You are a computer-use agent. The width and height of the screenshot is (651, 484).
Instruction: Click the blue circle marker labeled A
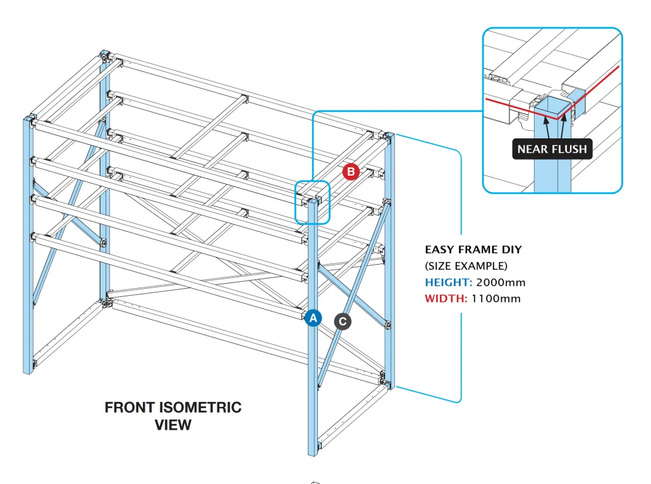point(313,318)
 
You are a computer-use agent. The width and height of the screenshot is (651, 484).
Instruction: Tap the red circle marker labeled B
point(351,171)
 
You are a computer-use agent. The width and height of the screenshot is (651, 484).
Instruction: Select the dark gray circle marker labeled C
point(343,322)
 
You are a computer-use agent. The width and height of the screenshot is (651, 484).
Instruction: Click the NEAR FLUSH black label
point(552,150)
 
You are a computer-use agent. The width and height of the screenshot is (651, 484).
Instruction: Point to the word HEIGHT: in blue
point(448,282)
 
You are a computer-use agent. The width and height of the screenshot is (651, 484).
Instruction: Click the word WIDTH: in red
point(446,298)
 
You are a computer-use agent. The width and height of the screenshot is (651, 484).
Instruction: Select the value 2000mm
point(501,282)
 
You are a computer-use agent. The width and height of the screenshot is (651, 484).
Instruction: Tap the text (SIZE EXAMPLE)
point(466,266)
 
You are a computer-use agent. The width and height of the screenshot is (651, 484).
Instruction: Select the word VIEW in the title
point(173,425)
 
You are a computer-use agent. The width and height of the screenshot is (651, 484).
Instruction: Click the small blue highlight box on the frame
point(312,202)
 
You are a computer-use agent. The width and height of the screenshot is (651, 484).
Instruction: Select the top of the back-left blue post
point(104,54)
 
